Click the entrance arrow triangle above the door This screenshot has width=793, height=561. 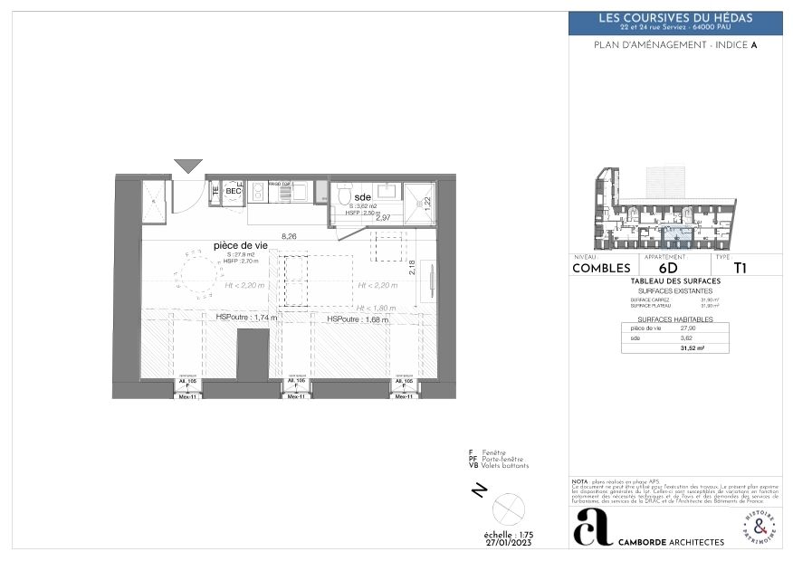coord(188,166)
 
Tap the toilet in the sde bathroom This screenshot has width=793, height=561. coord(344,195)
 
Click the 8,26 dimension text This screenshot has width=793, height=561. coord(290,236)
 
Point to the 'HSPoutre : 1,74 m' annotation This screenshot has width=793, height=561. coord(246,318)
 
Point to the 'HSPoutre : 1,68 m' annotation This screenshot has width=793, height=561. coord(357,319)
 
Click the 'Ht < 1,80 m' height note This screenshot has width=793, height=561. coord(377,308)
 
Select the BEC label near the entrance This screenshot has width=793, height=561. coord(233,192)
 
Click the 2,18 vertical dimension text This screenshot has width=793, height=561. coord(412,268)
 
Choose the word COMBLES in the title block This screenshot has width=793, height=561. coord(601,268)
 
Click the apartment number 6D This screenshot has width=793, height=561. coord(668,268)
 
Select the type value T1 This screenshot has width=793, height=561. coord(740,268)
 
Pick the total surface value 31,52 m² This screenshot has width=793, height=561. coord(693,347)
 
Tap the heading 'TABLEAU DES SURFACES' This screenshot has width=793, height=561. coord(675,281)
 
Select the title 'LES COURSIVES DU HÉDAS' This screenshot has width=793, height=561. coord(675,18)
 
